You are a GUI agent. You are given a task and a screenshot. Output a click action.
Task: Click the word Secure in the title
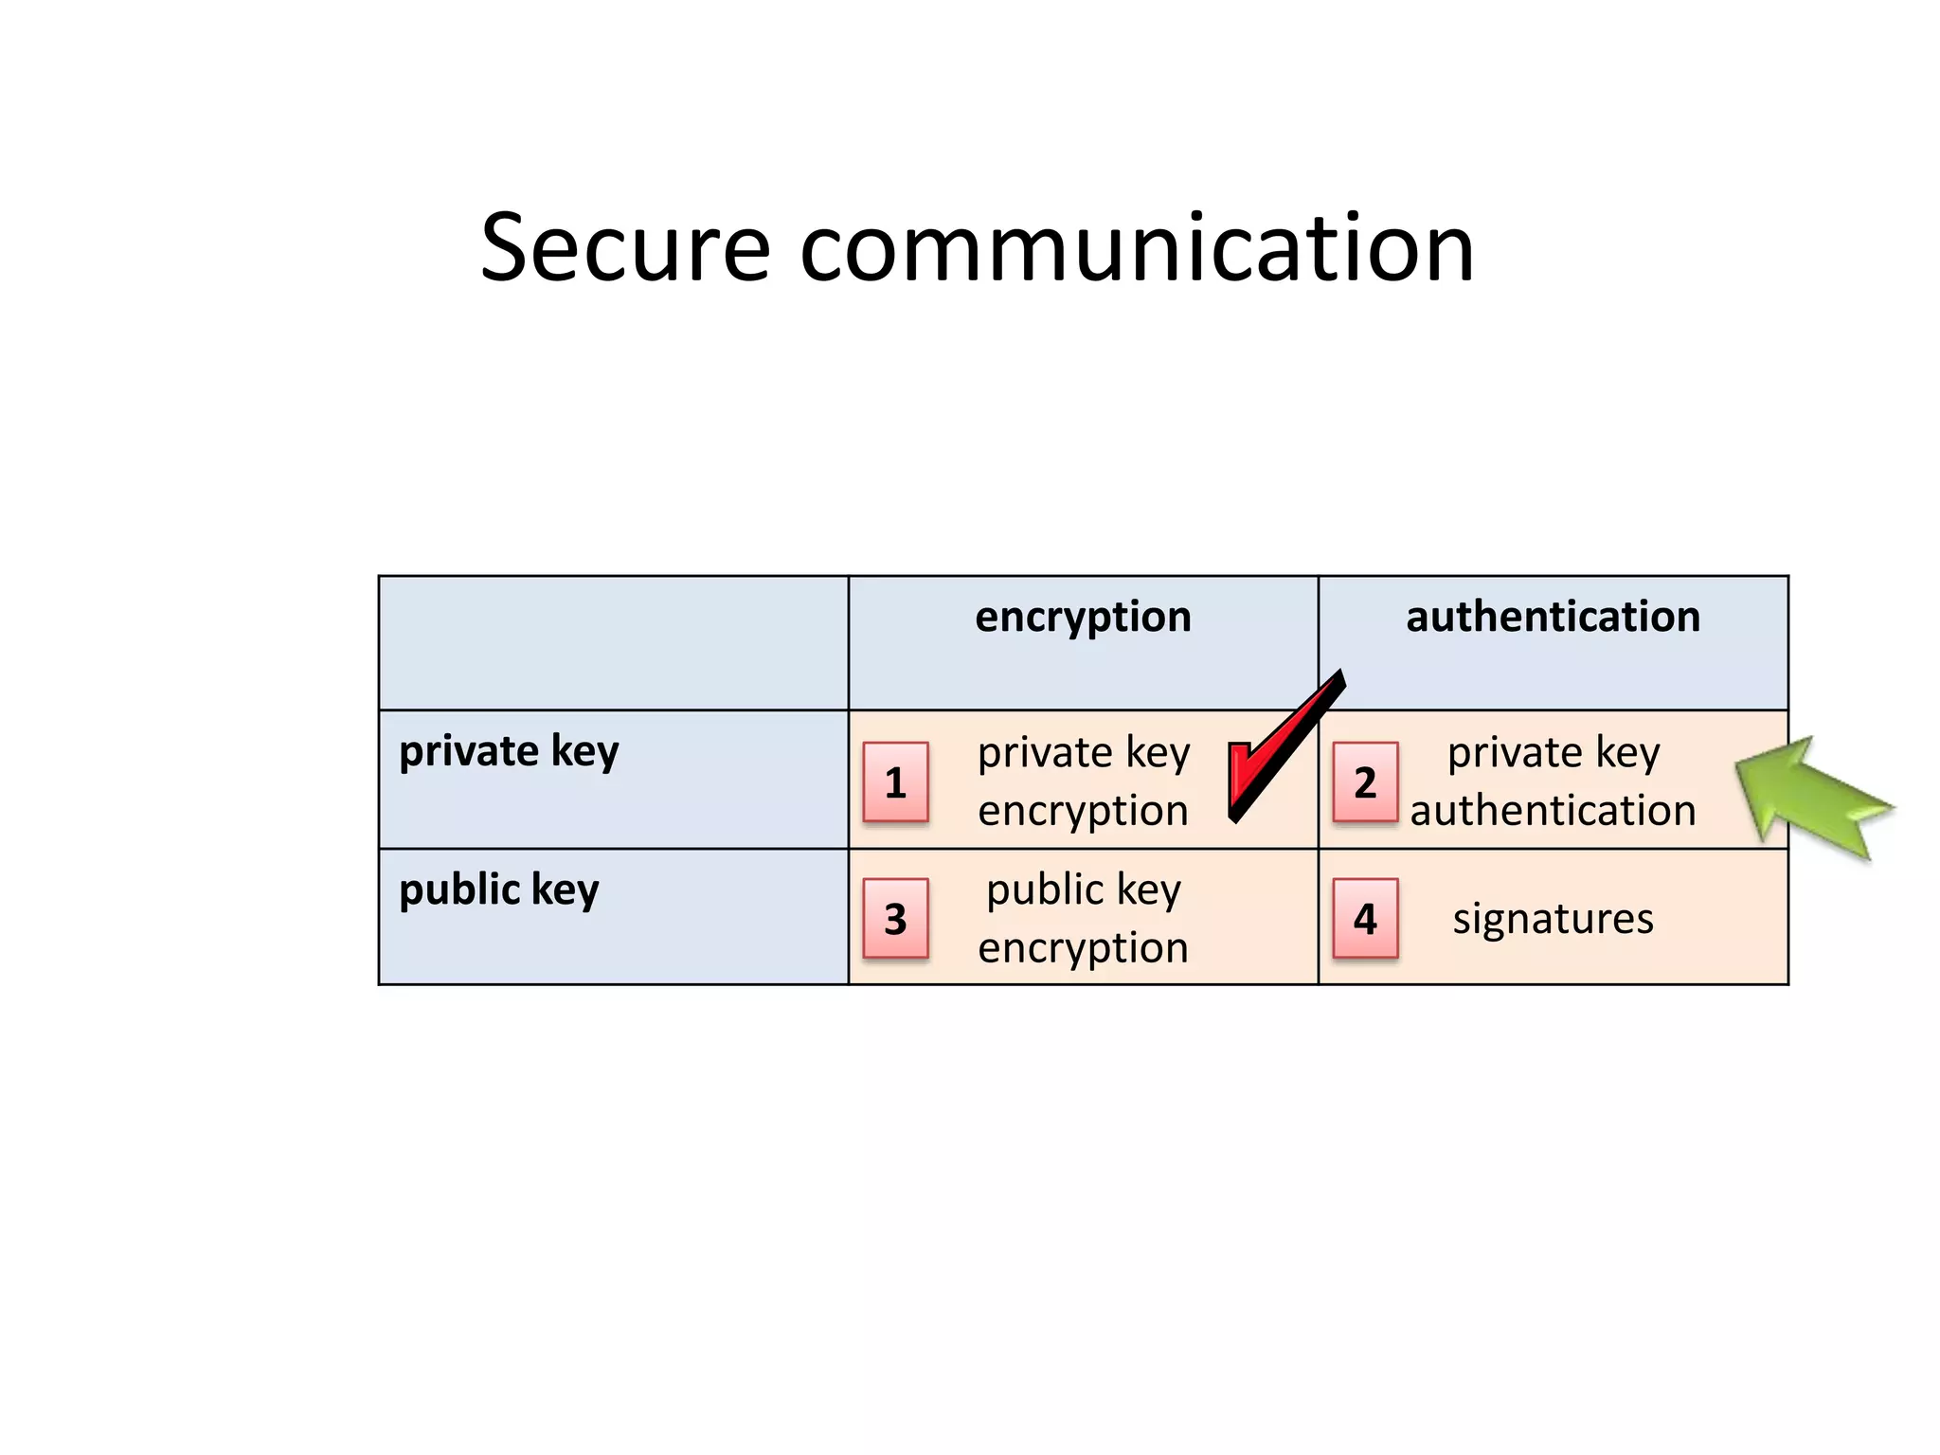point(625,248)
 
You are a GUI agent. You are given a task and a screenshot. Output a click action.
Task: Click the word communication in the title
point(1137,248)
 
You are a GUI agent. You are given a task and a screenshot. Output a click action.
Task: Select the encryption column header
point(1083,618)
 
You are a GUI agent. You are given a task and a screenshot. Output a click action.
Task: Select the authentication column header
point(1553,618)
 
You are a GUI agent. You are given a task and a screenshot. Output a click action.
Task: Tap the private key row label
point(509,752)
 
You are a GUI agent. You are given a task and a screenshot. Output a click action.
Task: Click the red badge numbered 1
point(895,782)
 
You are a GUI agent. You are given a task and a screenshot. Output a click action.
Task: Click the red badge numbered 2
point(1365,782)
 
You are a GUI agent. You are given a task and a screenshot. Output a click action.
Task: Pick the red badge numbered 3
point(895,919)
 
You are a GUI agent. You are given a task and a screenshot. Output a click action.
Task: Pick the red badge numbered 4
point(1365,919)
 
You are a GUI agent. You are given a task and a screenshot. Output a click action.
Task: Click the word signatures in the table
point(1554,919)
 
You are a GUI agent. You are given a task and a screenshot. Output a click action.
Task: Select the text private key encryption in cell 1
point(1083,781)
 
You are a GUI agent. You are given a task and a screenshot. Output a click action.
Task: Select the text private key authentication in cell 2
point(1554,781)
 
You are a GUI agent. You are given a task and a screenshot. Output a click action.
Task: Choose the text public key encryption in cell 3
point(1083,919)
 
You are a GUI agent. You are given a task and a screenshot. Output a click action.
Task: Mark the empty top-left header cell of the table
point(613,642)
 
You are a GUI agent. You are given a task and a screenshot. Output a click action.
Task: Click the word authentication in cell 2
point(1554,811)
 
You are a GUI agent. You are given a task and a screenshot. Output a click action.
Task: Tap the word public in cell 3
point(1045,890)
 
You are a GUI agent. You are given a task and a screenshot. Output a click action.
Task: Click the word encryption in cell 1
point(1083,811)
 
